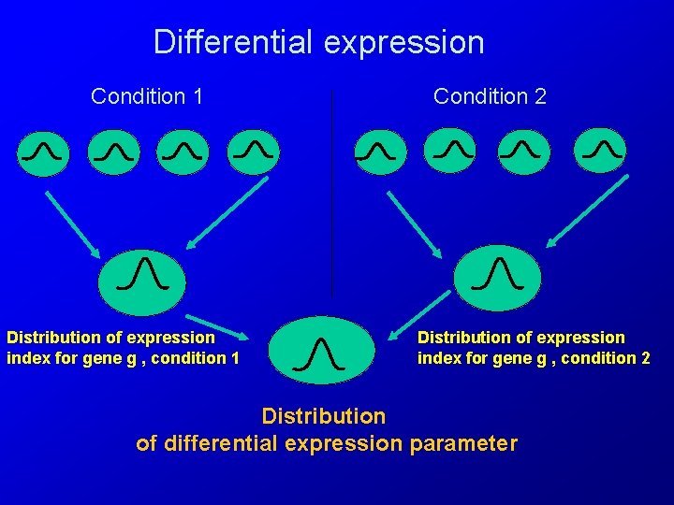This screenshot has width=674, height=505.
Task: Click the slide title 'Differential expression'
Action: click(318, 42)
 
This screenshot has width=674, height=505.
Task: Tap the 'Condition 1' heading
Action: click(147, 96)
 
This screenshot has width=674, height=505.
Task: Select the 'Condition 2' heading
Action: click(490, 96)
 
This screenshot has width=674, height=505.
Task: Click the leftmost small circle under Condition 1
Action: click(43, 151)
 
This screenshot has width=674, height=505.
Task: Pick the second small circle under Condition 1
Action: click(113, 151)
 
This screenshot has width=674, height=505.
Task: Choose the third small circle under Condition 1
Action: click(183, 151)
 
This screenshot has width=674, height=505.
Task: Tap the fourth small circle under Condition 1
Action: click(253, 151)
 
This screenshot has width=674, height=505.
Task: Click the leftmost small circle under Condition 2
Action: click(379, 151)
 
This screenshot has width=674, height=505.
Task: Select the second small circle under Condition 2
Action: click(449, 151)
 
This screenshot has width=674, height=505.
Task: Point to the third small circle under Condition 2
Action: click(523, 151)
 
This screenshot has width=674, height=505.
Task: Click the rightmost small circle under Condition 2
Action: click(600, 151)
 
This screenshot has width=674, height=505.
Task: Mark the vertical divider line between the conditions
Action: click(331, 187)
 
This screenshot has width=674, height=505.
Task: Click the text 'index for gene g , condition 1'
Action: click(123, 358)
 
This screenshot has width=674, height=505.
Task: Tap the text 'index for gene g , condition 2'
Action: click(534, 358)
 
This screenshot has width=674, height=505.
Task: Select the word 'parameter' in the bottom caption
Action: click(463, 443)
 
